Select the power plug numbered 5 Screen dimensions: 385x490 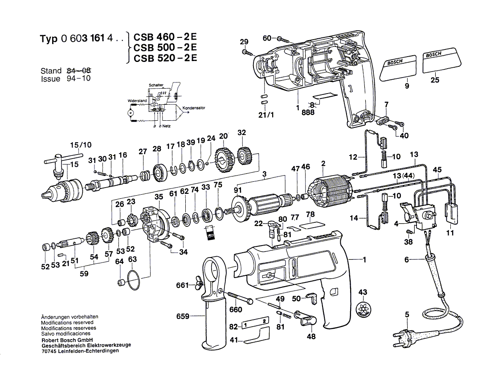click(403, 336)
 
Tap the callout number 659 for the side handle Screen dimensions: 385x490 click(183, 317)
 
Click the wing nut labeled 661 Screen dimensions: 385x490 click(198, 284)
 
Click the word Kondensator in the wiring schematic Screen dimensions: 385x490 click(193, 108)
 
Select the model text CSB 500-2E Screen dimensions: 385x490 click(163, 48)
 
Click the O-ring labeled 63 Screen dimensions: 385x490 click(133, 279)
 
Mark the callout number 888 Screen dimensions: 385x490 click(307, 113)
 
